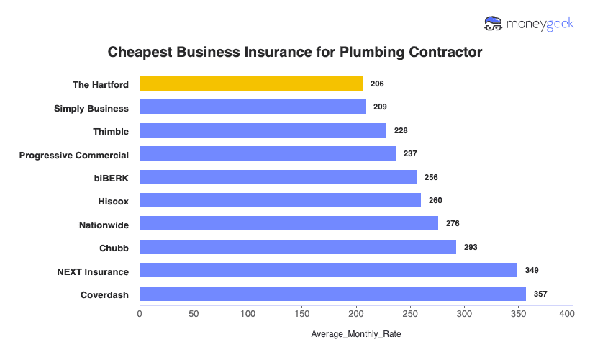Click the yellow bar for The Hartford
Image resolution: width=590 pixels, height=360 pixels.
(x=251, y=84)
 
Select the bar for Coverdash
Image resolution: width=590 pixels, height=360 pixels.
(x=332, y=294)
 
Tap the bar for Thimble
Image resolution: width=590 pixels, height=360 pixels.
(x=263, y=130)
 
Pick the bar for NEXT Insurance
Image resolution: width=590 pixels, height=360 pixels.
(x=328, y=270)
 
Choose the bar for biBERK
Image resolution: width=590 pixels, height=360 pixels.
(x=278, y=177)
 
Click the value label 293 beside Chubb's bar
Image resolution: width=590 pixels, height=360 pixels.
(x=470, y=247)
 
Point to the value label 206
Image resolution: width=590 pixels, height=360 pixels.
(x=377, y=84)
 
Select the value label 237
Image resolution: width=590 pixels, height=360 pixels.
(x=410, y=153)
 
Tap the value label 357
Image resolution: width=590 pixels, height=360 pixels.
(x=540, y=294)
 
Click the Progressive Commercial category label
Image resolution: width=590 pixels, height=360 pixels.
(x=74, y=155)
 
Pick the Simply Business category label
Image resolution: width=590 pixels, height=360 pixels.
(x=91, y=108)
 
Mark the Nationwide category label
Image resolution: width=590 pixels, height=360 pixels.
(x=104, y=225)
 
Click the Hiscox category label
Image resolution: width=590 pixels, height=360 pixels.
(x=113, y=202)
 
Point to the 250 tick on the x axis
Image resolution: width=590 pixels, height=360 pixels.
(x=410, y=314)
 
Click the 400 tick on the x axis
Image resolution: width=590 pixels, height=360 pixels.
(x=572, y=314)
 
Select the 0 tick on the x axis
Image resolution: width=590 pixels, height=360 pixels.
(x=140, y=314)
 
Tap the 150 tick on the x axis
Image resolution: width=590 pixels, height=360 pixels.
(x=302, y=314)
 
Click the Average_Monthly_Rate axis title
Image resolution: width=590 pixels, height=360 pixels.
(x=355, y=335)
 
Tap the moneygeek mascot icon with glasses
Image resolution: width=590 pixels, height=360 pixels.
(x=494, y=24)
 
